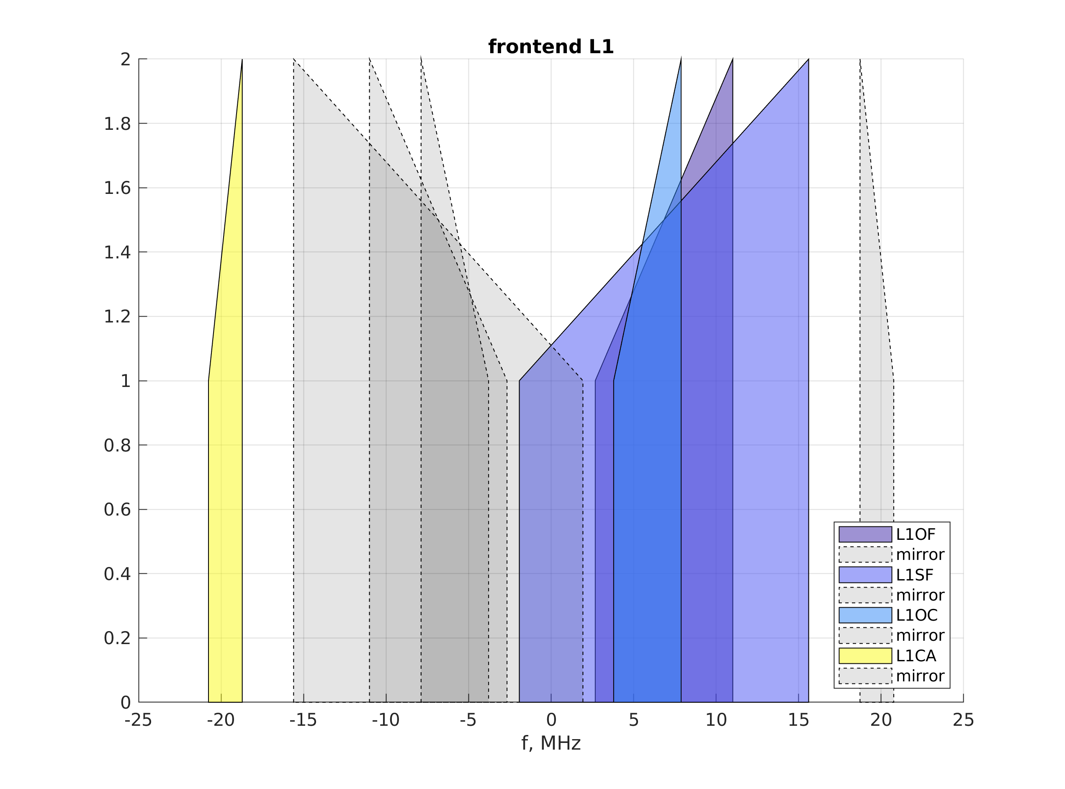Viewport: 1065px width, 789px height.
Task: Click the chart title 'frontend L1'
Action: click(x=551, y=47)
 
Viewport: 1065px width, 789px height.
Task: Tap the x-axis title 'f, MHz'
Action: click(x=551, y=744)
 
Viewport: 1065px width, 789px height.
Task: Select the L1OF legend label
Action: click(x=916, y=534)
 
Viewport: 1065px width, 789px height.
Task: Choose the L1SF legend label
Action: click(x=915, y=575)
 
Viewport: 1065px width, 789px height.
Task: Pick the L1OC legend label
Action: click(x=916, y=615)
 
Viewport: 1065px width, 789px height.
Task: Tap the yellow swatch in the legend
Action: click(x=865, y=656)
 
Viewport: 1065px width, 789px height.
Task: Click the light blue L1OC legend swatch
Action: click(x=865, y=615)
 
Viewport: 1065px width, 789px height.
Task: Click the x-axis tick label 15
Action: click(x=798, y=720)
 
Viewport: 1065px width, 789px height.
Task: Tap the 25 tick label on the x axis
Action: click(x=963, y=720)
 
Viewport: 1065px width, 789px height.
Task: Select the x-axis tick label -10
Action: click(x=386, y=720)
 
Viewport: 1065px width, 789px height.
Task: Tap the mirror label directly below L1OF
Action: click(x=920, y=554)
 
